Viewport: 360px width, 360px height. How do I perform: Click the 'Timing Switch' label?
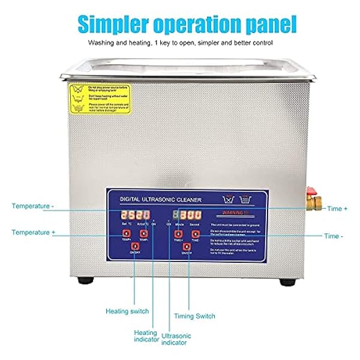(194, 316)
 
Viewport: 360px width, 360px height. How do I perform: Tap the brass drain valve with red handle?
(313, 199)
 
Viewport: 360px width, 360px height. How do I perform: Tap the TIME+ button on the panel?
(178, 233)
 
